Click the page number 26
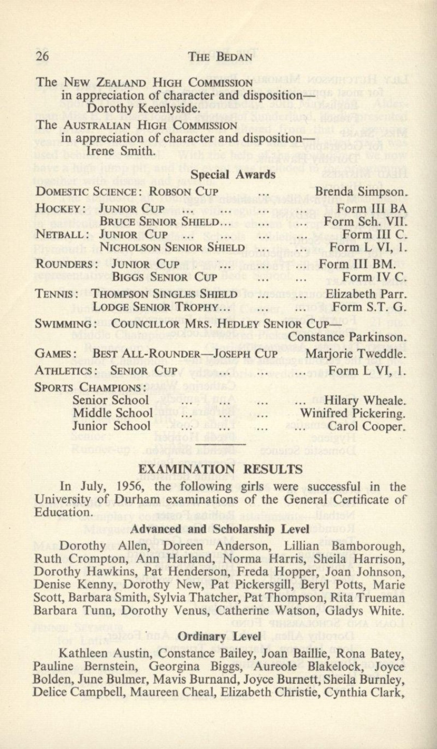click(42, 56)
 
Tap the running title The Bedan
click(221, 56)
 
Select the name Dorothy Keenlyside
click(135, 109)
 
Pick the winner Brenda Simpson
click(361, 192)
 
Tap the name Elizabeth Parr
click(366, 294)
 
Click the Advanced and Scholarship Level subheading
click(220, 529)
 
